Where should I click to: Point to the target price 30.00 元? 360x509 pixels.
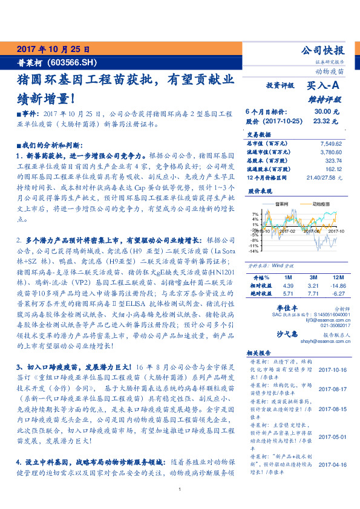[326, 112]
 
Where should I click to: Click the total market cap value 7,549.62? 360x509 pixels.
[330, 144]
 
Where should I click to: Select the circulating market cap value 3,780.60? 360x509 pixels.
[330, 152]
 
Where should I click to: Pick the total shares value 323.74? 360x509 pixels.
[333, 161]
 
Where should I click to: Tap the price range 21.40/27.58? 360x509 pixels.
[324, 178]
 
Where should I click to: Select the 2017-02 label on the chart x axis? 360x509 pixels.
[289, 230]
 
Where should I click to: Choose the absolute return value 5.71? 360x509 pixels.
[288, 293]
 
